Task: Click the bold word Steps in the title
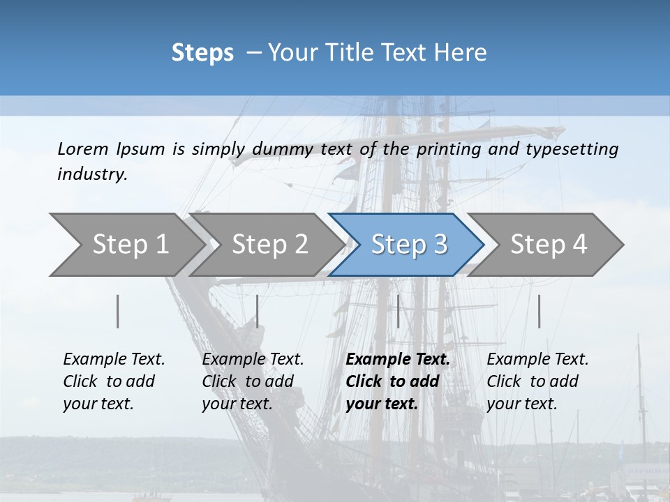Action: point(202,53)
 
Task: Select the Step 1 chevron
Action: point(126,244)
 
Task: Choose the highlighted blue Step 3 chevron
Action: point(408,244)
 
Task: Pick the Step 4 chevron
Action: point(548,244)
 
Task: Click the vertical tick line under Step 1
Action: point(118,311)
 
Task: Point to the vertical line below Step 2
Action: point(258,311)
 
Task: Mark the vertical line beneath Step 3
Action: point(398,311)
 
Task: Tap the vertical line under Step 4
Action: point(539,311)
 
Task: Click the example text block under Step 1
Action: point(114,381)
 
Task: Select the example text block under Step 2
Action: point(253,381)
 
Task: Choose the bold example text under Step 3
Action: point(398,381)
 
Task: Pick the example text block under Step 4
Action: point(537,381)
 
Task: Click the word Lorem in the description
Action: point(82,149)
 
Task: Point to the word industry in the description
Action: point(92,174)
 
